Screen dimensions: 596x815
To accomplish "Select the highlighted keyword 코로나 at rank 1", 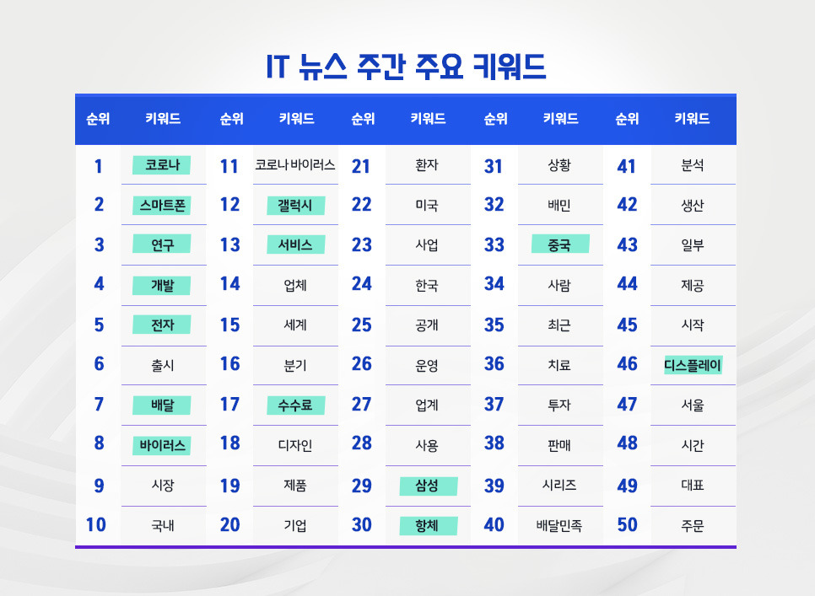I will click(162, 164).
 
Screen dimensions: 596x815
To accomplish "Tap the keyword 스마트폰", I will click(162, 205).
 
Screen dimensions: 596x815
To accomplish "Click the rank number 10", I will click(96, 525).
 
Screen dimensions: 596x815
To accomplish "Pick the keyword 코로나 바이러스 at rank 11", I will click(295, 165).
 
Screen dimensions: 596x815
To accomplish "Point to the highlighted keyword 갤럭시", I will click(295, 205).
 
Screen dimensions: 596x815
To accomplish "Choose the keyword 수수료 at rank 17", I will click(295, 405).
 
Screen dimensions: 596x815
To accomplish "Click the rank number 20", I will click(229, 525).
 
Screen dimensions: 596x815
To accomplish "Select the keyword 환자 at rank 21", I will click(427, 165).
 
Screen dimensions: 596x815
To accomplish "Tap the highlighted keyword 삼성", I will click(428, 486).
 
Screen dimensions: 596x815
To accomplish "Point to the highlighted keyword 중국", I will click(559, 245).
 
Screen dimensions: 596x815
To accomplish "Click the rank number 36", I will click(494, 365).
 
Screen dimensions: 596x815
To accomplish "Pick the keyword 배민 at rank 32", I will click(559, 205).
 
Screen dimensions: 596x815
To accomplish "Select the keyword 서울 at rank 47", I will click(692, 405).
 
